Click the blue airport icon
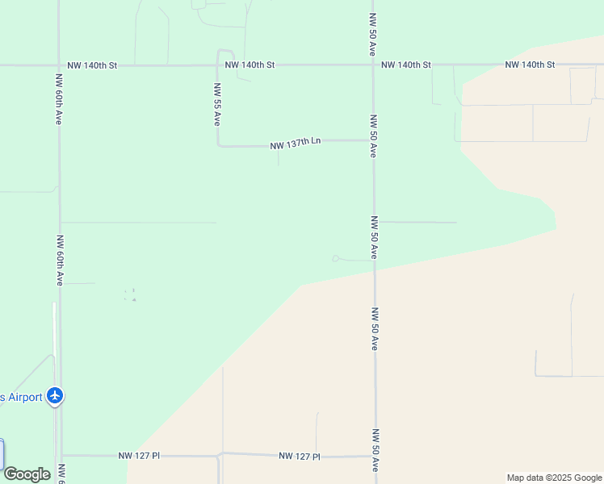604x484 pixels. (55, 396)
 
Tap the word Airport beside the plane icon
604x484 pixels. (24, 397)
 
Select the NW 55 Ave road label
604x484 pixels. (217, 104)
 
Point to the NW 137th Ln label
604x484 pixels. (296, 143)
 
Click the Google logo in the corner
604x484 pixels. (27, 474)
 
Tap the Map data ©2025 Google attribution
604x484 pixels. (554, 478)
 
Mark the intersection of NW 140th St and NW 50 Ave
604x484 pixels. (372, 65)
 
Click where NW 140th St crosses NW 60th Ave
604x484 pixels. (59, 65)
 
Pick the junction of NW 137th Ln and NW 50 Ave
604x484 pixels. (372, 140)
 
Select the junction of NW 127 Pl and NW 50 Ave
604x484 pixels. (375, 456)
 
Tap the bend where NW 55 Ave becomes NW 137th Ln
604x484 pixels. (219, 146)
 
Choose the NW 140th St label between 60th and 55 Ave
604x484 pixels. (92, 65)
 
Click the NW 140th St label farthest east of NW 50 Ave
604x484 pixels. (530, 65)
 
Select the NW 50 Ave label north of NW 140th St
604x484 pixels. (372, 32)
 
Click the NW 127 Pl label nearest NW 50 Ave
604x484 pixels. (300, 456)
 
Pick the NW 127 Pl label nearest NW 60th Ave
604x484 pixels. (139, 456)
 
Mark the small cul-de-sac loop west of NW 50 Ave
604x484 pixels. (336, 258)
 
